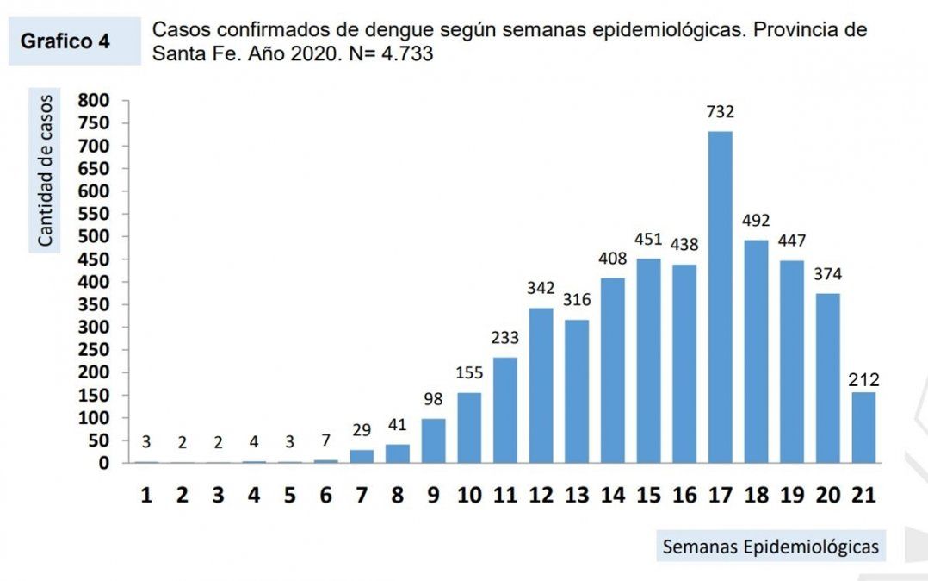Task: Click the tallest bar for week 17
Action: click(x=720, y=297)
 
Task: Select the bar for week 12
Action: click(x=541, y=385)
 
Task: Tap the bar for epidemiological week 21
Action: click(x=863, y=428)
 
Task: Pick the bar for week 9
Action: click(x=433, y=440)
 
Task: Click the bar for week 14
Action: click(x=612, y=371)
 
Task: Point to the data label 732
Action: click(x=720, y=112)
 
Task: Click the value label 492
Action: click(x=756, y=221)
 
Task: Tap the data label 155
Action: click(x=469, y=373)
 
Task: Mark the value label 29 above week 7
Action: click(x=362, y=430)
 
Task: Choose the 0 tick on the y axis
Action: click(x=103, y=463)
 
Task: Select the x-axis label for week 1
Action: click(x=146, y=496)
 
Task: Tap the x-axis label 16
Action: click(x=684, y=496)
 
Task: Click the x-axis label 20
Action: click(x=827, y=496)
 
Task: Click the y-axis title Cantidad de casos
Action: click(x=45, y=172)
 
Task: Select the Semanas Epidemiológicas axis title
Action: click(x=770, y=547)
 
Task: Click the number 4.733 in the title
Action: click(x=404, y=53)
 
